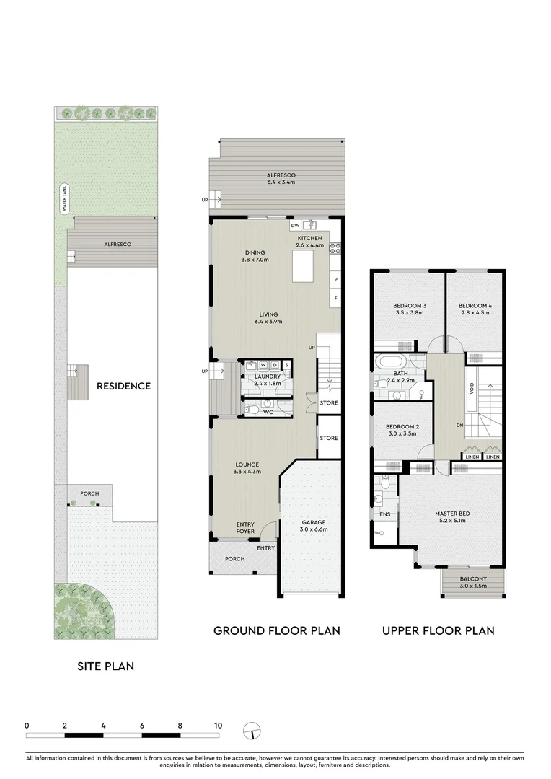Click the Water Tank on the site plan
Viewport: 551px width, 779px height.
(64, 199)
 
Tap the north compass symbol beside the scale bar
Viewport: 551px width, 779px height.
(252, 731)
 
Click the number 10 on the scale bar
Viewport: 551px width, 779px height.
(218, 726)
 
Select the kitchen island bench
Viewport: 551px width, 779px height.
(303, 266)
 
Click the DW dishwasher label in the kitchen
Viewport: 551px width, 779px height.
(295, 226)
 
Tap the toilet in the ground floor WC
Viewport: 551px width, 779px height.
(252, 410)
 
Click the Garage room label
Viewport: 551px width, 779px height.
(314, 522)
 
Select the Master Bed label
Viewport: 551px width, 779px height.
(452, 514)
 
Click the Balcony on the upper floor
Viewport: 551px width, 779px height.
(473, 582)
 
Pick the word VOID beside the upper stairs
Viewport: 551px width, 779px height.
(472, 389)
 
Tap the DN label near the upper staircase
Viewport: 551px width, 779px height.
(460, 426)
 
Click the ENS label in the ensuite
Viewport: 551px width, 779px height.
(385, 514)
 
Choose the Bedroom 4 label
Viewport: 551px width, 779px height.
(475, 306)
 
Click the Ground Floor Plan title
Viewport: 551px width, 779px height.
(277, 631)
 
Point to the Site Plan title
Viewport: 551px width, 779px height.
(105, 666)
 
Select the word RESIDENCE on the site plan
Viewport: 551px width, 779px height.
(124, 386)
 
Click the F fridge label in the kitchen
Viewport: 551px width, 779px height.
(336, 298)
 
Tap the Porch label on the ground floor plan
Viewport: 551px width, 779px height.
(234, 559)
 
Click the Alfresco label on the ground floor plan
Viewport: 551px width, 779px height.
(281, 175)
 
